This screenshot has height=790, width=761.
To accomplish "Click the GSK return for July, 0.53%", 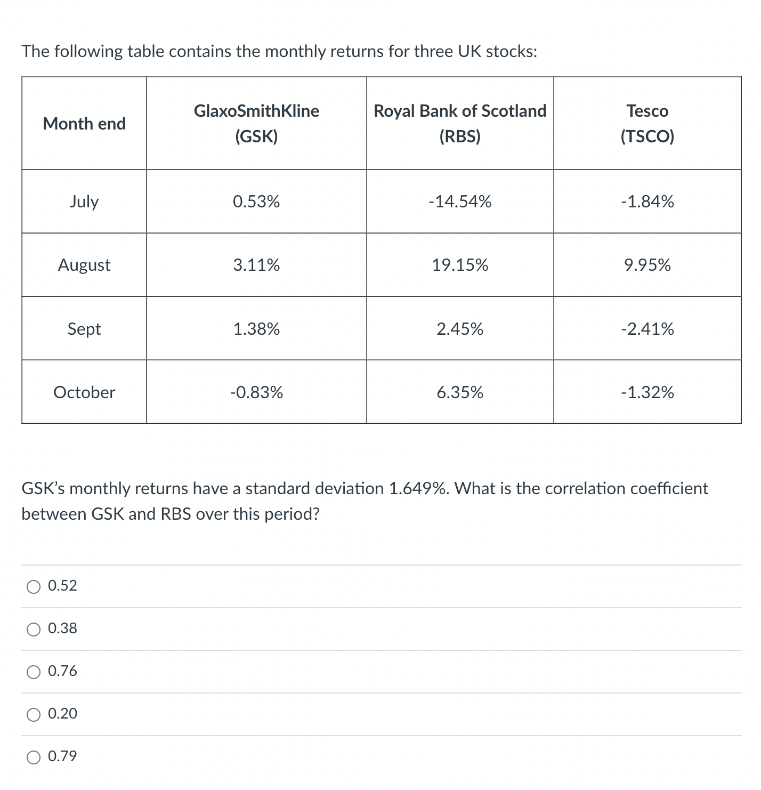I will coord(256,201).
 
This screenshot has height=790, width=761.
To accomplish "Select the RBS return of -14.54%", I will coord(460,201).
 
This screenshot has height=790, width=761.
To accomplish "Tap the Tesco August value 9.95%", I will coord(647,265).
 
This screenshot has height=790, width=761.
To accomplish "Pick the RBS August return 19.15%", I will coord(460,265).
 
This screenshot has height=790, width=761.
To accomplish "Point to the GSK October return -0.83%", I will coord(256,392).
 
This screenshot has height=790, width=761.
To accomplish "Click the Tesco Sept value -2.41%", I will coord(647,329).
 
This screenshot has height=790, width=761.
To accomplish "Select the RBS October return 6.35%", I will coord(460,392).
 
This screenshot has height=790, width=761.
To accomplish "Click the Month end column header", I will coord(84,124).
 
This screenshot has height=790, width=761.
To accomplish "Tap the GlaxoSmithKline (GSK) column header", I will coord(256,124).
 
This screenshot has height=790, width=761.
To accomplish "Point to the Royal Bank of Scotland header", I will coord(460,111).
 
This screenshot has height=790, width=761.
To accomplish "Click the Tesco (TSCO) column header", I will coord(647,124).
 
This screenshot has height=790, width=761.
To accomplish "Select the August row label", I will coord(84,265).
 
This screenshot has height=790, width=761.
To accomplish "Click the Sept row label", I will coord(84,329).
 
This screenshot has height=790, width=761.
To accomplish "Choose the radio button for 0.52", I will coord(34,587).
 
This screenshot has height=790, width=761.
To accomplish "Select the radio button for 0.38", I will coord(34,630).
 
